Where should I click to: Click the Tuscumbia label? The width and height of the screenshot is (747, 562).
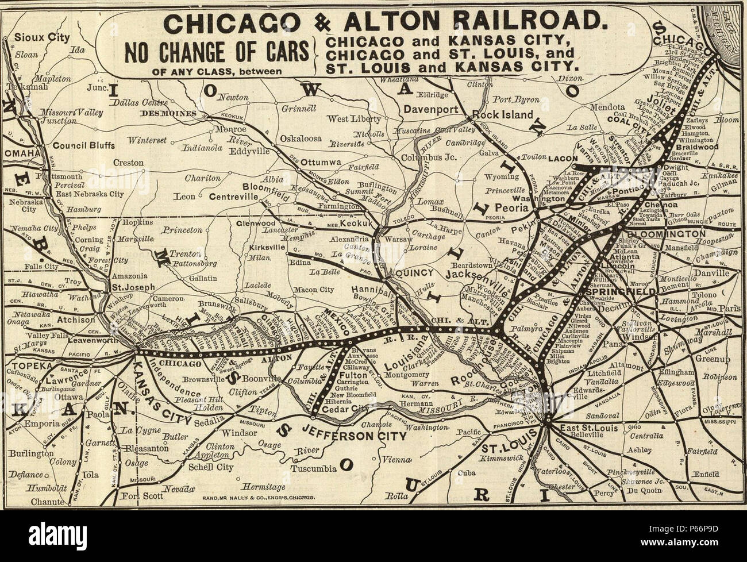point(314,468)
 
